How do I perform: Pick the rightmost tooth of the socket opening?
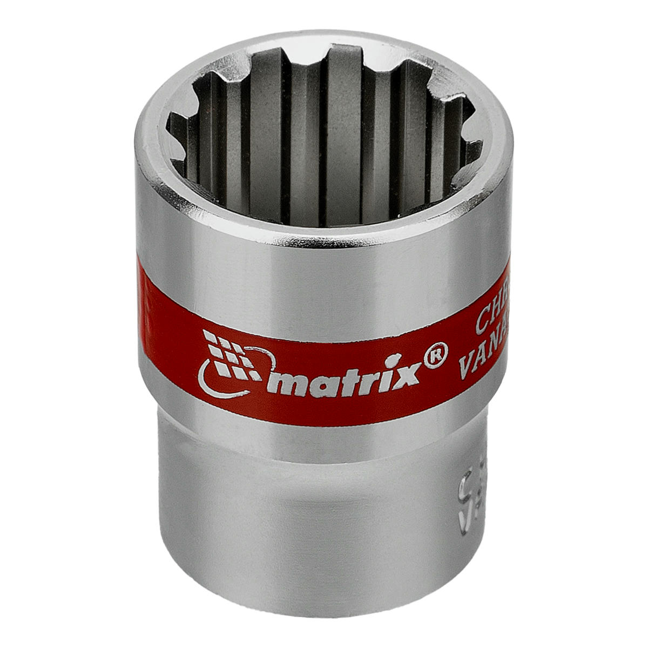[473, 146]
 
